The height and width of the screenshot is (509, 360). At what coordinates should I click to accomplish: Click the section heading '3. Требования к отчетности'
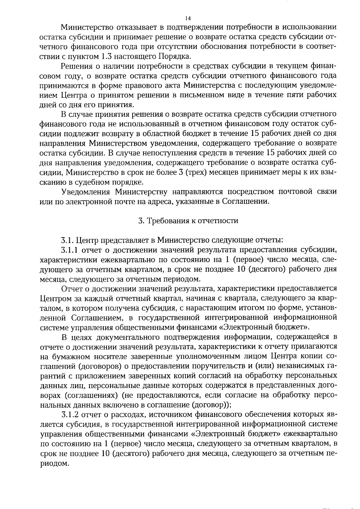pyautogui.click(x=188, y=221)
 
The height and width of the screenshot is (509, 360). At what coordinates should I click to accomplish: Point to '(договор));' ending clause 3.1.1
pyautogui.click(x=211, y=405)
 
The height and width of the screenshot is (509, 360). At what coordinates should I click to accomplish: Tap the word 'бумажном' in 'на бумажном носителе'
pyautogui.click(x=71, y=356)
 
